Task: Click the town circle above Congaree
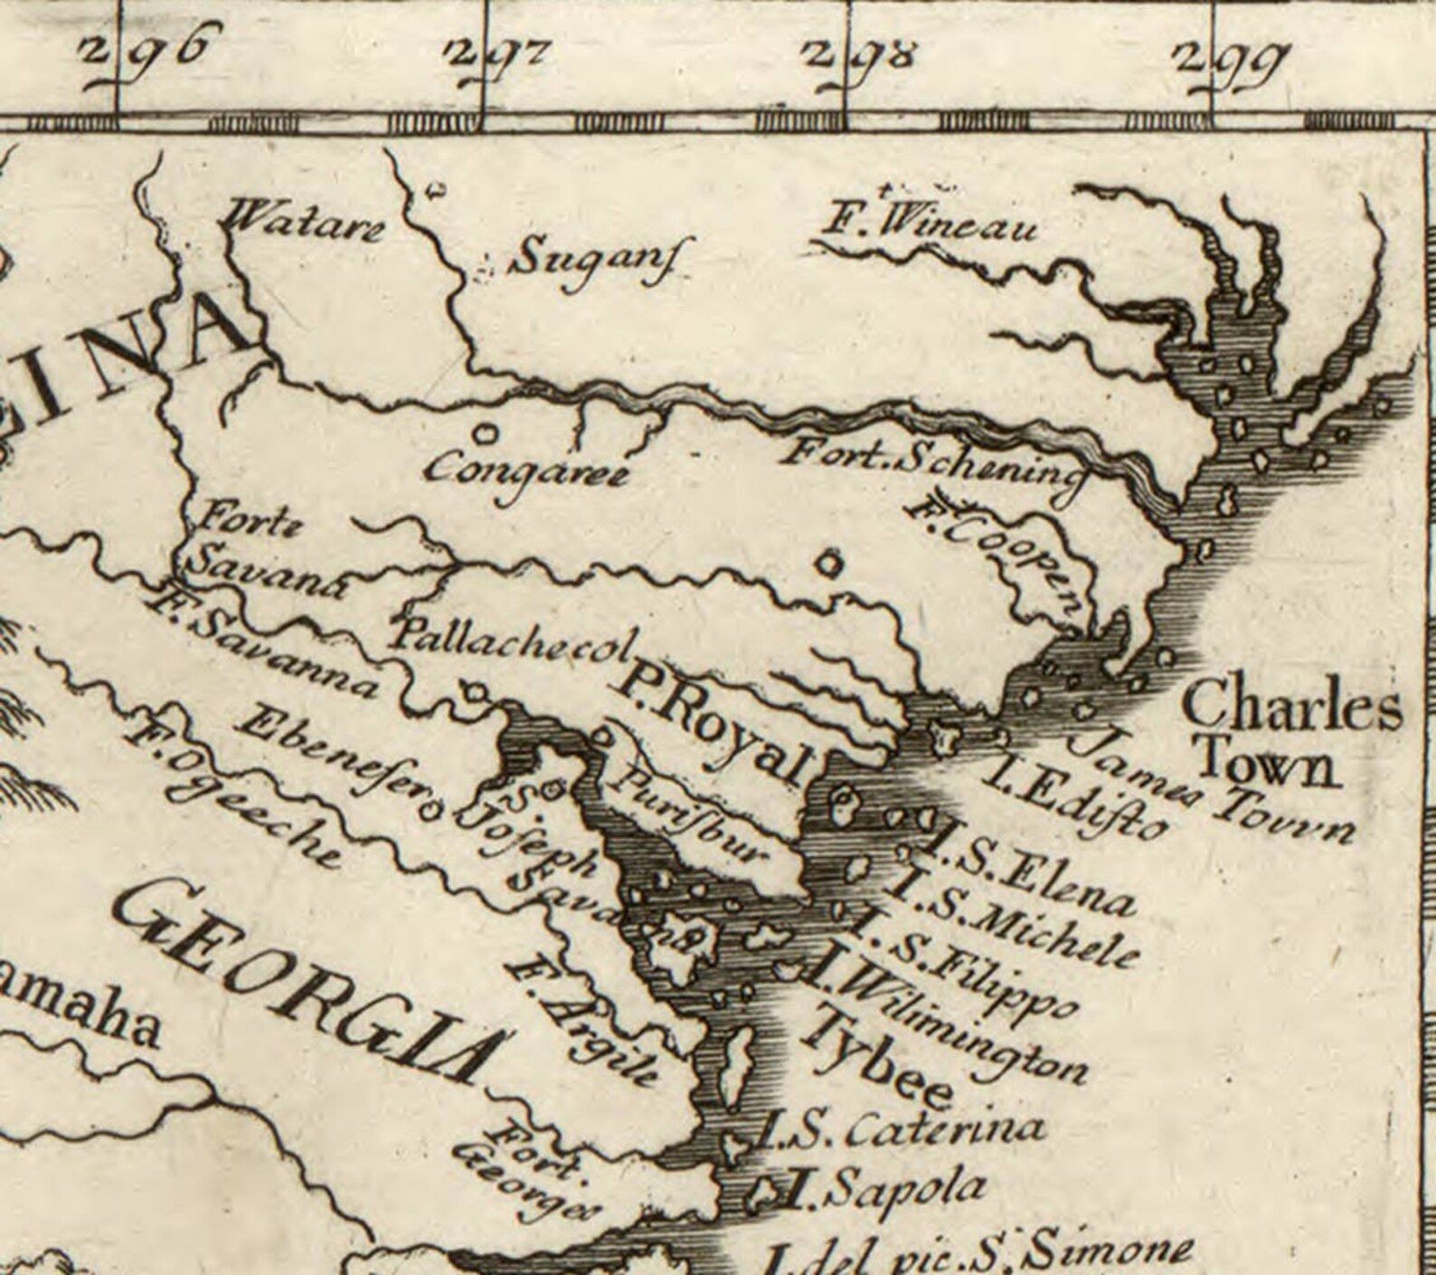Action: pos(487,433)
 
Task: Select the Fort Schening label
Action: pos(932,462)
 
